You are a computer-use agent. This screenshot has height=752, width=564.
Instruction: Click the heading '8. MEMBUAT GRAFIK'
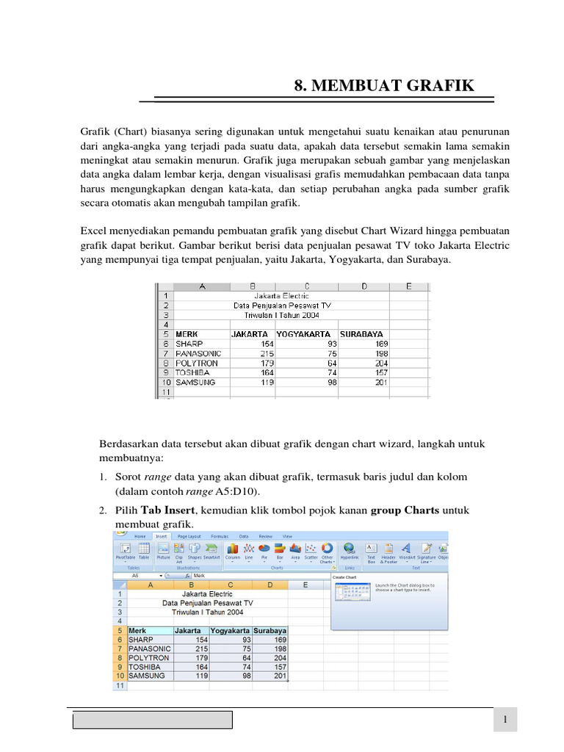[384, 86]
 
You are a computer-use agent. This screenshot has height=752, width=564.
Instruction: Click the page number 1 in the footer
[505, 720]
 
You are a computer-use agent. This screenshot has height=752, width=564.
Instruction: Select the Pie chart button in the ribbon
[263, 552]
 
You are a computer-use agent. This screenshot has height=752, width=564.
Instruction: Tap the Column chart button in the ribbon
[232, 552]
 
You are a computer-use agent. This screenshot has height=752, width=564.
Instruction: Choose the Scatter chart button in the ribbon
[311, 552]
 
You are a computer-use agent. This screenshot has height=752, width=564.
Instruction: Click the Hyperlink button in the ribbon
[350, 552]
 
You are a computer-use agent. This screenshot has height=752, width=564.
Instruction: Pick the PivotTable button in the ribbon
[125, 552]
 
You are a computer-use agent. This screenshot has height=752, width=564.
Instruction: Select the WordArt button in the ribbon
[407, 552]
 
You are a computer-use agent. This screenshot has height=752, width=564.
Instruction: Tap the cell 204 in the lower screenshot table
[278, 657]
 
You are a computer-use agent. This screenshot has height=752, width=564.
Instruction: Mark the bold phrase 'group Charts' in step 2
[405, 510]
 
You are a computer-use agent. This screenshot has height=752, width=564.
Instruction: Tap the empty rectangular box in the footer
[153, 720]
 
